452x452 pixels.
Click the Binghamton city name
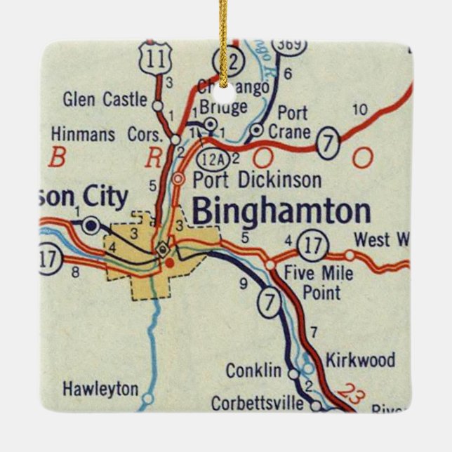pyautogui.click(x=281, y=211)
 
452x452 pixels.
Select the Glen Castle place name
pyautogui.click(x=105, y=99)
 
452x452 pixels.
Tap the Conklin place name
pyautogui.click(x=253, y=371)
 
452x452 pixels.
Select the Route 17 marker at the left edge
pyautogui.click(x=48, y=259)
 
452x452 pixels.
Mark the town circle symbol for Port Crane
pyautogui.click(x=257, y=130)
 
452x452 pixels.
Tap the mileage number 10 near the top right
pyautogui.click(x=359, y=109)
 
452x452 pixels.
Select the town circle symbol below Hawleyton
pyautogui.click(x=147, y=401)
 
